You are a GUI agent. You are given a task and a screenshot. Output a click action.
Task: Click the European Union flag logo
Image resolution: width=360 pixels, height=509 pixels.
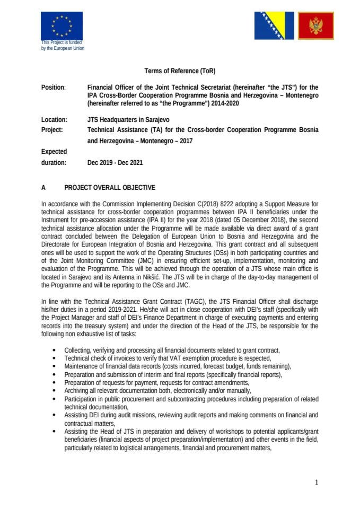pos(62,25)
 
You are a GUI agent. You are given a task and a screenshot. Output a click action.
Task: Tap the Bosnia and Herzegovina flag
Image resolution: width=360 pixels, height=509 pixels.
pos(273,26)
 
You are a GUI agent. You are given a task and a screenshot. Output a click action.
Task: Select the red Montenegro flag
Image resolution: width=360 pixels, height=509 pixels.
pos(316,26)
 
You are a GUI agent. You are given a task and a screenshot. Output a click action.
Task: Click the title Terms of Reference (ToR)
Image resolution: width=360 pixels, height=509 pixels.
pos(180,71)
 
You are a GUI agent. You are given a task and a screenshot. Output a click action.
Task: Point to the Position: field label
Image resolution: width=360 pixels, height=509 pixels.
pos(54,87)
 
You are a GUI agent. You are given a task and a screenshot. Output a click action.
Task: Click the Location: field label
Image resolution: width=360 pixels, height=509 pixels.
pos(54,120)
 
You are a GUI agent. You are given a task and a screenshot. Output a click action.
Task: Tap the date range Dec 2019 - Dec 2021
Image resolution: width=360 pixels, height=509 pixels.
pos(115,163)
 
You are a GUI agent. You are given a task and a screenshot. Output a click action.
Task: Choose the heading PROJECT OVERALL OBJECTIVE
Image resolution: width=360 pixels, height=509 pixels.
pos(110,187)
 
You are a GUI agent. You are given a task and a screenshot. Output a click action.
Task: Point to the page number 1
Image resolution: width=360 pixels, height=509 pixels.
pos(316,482)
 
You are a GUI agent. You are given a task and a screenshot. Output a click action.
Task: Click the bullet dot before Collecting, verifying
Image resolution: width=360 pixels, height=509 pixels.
pos(55,351)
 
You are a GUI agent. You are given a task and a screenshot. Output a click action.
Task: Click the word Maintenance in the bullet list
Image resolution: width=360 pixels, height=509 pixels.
pos(82,366)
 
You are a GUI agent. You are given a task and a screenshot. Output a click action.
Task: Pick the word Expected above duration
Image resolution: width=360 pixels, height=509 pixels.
pos(54,152)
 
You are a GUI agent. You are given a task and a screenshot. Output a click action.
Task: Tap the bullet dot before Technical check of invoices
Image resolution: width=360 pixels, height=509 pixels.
pos(55,359)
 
